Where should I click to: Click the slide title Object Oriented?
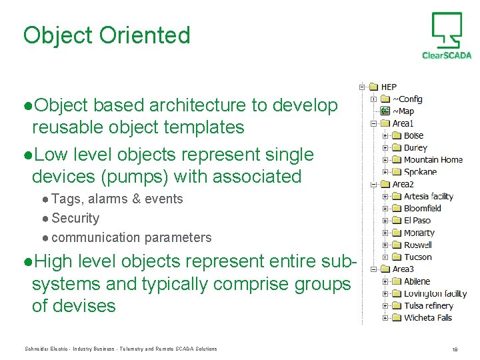point(107,35)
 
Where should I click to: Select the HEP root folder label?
point(389,87)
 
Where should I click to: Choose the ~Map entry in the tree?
point(403,111)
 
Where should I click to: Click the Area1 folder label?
point(403,123)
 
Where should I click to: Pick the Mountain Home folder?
point(433,160)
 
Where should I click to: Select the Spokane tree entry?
point(420,172)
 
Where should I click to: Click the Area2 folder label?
point(403,184)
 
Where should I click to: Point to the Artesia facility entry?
point(428,196)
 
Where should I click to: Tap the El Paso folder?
point(417,221)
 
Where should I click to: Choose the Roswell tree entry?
point(417,245)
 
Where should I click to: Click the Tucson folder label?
point(417,257)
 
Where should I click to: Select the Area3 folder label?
point(403,269)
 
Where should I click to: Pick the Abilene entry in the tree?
point(417,281)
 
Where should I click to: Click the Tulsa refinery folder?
point(428,305)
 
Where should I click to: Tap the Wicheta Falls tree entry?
point(427,318)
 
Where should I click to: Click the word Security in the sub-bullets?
point(75,218)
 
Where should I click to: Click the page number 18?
point(454,349)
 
